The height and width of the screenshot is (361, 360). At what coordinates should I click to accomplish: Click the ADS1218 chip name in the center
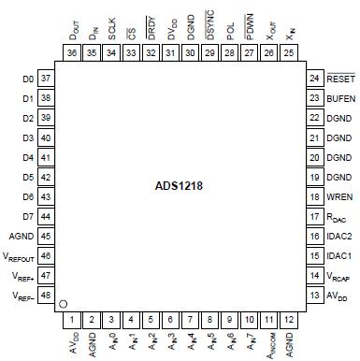[x=180, y=185]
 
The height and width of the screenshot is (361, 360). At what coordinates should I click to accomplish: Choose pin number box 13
[x=313, y=295]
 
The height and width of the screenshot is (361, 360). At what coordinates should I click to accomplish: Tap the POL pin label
[x=230, y=30]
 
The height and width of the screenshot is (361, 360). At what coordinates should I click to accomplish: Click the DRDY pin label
[x=151, y=27]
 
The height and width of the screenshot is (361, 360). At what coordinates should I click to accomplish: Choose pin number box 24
[x=313, y=79]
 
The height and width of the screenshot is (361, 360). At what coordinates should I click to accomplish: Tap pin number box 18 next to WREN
[x=313, y=197]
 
